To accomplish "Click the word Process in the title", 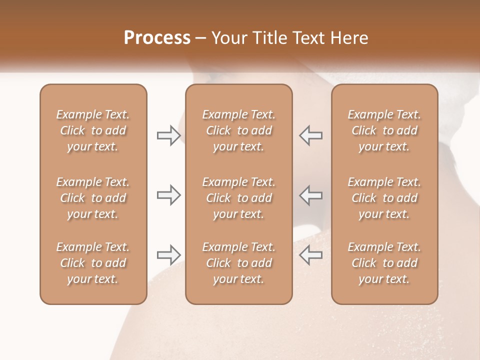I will point(157,38).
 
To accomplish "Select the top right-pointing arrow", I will point(168,135).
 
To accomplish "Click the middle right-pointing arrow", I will point(168,195).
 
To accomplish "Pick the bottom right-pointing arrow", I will point(168,255).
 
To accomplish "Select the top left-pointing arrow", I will point(310,135).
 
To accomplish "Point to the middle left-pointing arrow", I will point(310,195).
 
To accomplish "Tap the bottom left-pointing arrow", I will point(310,255).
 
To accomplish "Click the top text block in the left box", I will point(93,130).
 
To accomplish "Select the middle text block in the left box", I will point(93,198).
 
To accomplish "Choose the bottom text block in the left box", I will point(93,263).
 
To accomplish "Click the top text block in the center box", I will point(239,130).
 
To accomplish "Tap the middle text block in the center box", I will point(239,198).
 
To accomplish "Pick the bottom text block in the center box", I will point(239,263).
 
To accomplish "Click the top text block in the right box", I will point(384,130).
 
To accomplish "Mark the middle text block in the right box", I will point(384,198).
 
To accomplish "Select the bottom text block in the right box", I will point(384,263).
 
